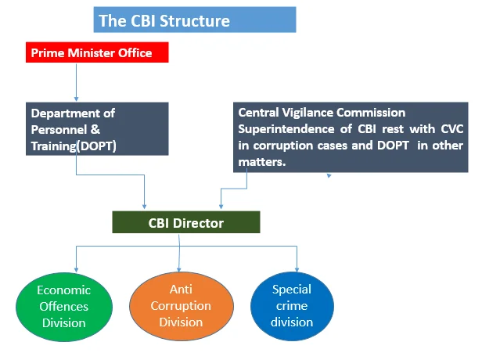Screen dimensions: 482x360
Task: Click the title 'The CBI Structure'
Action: (x=164, y=21)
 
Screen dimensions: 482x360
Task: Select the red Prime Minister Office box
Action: (x=97, y=52)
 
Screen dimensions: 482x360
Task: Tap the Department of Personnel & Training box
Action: (x=97, y=129)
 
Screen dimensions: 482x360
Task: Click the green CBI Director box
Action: (x=186, y=222)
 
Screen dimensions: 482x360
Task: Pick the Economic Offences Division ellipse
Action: (x=64, y=307)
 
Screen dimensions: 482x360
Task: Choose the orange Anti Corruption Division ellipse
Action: (x=182, y=306)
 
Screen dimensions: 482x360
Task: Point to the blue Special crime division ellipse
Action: (x=292, y=306)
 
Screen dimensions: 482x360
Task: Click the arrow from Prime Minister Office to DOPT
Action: (x=76, y=82)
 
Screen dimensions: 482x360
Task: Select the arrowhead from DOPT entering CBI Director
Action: (x=144, y=207)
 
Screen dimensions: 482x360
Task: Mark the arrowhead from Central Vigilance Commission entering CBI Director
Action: (x=221, y=207)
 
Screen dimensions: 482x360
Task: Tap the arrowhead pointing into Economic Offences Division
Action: (x=76, y=270)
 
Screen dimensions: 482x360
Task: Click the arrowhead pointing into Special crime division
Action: (x=297, y=270)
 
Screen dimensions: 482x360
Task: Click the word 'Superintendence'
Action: (x=286, y=129)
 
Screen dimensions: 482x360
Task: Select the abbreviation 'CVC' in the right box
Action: (x=452, y=129)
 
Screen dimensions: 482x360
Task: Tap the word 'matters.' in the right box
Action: (x=262, y=162)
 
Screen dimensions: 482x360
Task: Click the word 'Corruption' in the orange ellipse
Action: (x=181, y=306)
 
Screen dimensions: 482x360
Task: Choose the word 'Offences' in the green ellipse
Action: (x=64, y=307)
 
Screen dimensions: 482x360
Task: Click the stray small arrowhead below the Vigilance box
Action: (x=329, y=175)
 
